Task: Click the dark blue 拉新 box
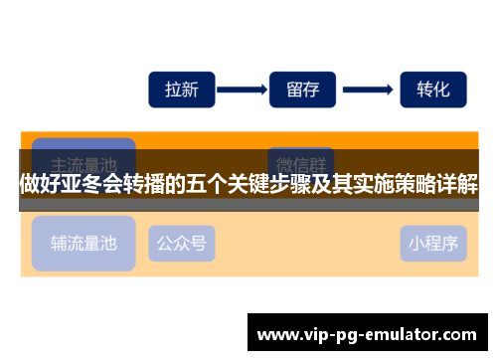[182, 89]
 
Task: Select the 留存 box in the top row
[302, 89]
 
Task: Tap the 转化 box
[432, 89]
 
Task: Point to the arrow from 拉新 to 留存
[242, 89]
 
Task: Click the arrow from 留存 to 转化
[368, 89]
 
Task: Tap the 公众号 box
[182, 242]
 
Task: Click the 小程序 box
[432, 242]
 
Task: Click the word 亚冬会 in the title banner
[83, 185]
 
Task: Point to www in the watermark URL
[276, 332]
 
